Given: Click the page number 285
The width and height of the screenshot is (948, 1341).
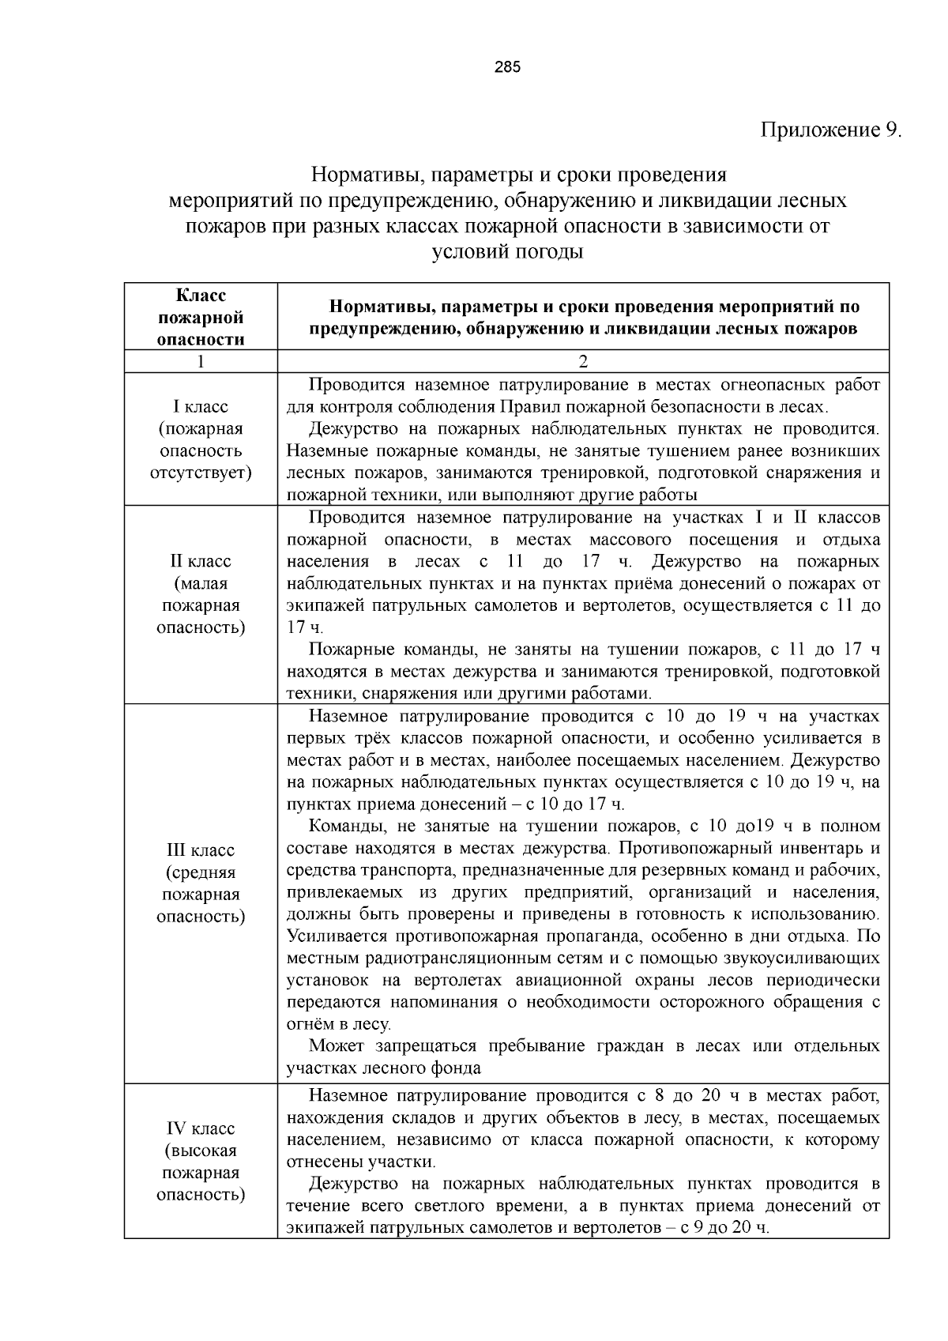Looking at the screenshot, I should point(507,67).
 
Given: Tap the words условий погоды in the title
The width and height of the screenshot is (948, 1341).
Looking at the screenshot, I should point(507,253).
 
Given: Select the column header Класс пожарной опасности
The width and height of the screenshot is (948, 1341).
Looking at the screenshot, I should point(201,317).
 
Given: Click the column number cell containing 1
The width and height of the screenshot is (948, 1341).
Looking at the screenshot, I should point(201,361).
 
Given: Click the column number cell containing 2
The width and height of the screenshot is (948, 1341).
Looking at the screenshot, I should point(583,361).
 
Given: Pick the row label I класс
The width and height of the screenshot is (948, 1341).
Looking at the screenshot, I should point(201,407).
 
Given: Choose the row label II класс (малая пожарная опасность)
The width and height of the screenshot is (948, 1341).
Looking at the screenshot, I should point(201,594).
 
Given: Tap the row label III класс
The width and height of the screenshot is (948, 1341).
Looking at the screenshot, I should point(201,851).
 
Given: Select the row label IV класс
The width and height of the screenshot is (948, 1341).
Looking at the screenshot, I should point(201,1128).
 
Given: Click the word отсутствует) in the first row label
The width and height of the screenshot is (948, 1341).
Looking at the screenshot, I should point(201,473).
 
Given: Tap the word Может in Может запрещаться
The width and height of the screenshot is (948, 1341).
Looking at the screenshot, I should point(337,1047).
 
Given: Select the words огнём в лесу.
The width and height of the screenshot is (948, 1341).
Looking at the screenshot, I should point(339,1025).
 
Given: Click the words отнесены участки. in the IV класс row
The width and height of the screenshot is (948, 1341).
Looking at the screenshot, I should point(361,1162).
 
